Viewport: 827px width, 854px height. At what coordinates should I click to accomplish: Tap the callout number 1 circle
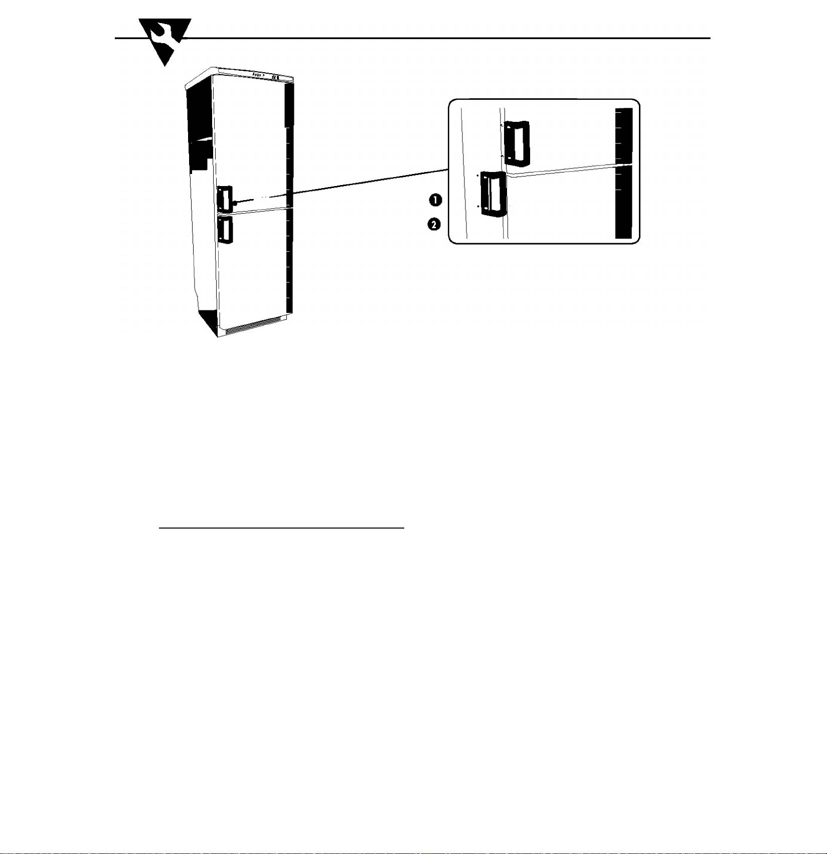pyautogui.click(x=435, y=200)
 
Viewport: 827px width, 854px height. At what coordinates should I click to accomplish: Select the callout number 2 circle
pyautogui.click(x=434, y=224)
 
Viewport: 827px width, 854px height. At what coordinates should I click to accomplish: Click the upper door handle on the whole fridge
pyautogui.click(x=224, y=199)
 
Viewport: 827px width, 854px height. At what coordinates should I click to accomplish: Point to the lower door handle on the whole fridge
pyautogui.click(x=225, y=230)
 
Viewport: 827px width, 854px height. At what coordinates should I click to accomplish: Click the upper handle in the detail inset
pyautogui.click(x=517, y=143)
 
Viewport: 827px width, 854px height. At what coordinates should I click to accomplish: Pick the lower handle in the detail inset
pyautogui.click(x=493, y=194)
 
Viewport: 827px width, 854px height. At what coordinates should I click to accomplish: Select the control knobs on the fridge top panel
pyautogui.click(x=275, y=78)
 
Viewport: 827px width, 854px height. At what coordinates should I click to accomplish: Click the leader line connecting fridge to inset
pyautogui.click(x=351, y=184)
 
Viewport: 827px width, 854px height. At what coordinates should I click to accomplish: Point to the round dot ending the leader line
pyautogui.click(x=234, y=203)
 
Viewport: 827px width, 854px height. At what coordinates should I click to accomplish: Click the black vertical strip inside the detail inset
pyautogui.click(x=623, y=174)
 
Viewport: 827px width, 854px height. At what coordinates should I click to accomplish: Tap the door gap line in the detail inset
pyautogui.click(x=562, y=170)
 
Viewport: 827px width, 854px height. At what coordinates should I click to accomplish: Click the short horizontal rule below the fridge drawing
pyautogui.click(x=281, y=528)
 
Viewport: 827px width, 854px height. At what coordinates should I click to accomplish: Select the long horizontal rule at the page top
pyautogui.click(x=451, y=38)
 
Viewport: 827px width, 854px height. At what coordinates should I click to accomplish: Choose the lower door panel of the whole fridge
pyautogui.click(x=253, y=266)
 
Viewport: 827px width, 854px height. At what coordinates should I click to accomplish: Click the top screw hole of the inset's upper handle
pyautogui.click(x=510, y=127)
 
